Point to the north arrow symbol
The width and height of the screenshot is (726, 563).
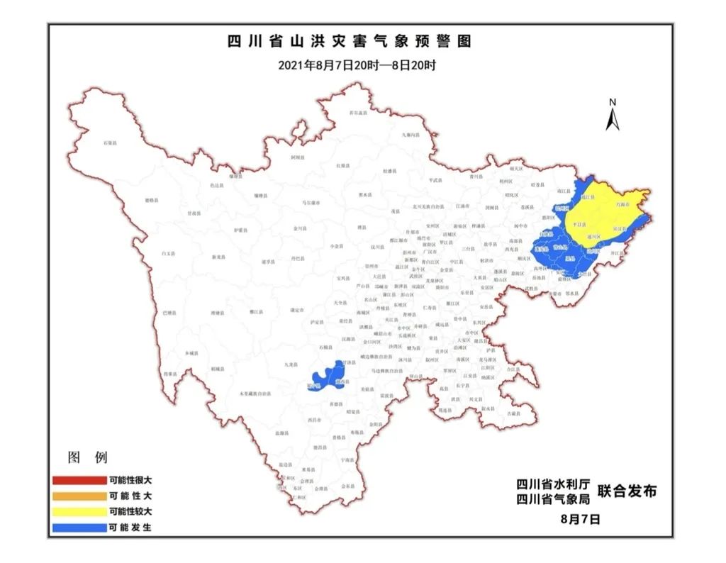click(x=613, y=116)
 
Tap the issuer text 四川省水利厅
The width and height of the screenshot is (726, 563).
click(x=553, y=484)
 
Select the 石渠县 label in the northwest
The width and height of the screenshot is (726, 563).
click(x=110, y=143)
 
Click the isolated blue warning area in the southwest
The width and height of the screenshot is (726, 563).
click(x=328, y=376)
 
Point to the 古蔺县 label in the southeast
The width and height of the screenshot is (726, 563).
click(x=509, y=413)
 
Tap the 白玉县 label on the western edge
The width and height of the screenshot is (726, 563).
click(x=167, y=252)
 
